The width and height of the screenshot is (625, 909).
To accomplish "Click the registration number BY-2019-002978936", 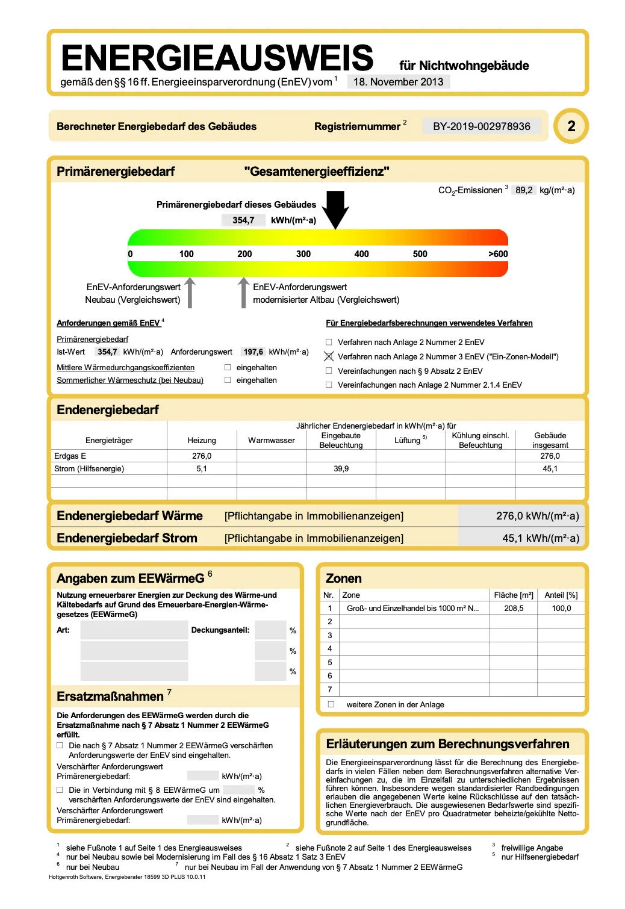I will tap(481, 126).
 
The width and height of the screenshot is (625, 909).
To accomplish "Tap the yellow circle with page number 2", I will tap(571, 126).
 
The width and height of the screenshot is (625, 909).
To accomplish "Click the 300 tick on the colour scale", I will tap(303, 254).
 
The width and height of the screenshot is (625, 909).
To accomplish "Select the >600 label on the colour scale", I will tap(498, 254).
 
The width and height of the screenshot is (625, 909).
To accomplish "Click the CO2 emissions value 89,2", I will tap(524, 190).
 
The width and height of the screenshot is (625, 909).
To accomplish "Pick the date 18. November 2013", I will tap(398, 82).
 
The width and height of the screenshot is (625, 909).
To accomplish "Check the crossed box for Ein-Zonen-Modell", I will tap(329, 356).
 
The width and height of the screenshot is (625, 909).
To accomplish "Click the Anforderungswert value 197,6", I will tap(253, 352).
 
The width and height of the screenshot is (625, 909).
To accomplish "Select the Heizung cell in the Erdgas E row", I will tap(202, 456).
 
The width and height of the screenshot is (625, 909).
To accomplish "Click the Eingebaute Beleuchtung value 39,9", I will tap(341, 468).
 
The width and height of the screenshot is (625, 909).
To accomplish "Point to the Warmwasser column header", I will tap(272, 440).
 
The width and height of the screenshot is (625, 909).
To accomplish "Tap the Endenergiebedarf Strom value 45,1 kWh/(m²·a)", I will tap(540, 538).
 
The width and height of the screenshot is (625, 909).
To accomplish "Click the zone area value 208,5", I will tap(514, 609).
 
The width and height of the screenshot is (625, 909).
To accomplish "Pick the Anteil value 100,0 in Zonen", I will tap(561, 609).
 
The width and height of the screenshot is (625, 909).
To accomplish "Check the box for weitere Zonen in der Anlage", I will tap(331, 704).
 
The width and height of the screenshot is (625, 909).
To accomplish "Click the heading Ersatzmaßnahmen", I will tap(110, 696).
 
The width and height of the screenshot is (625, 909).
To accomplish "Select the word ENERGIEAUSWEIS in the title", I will tap(217, 58).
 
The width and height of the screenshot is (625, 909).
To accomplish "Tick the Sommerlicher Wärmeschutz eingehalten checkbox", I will tap(228, 380).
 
